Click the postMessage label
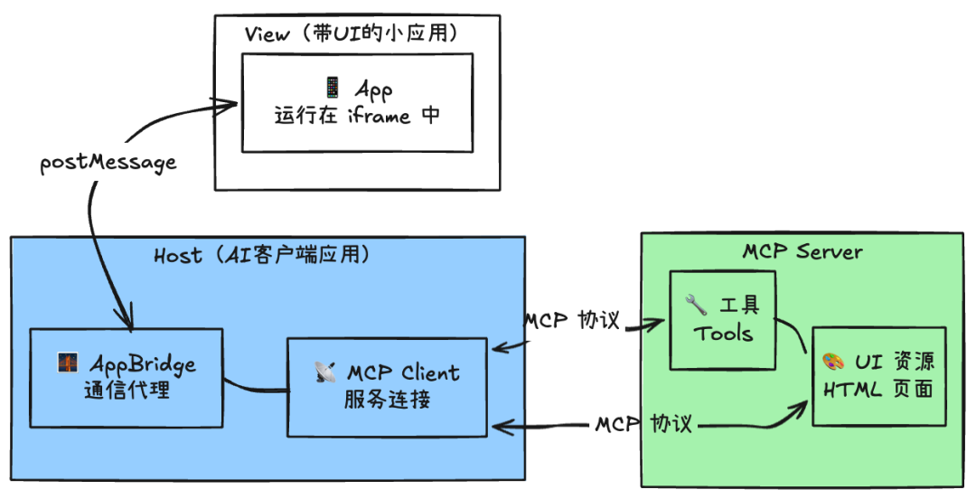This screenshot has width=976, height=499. (x=108, y=164)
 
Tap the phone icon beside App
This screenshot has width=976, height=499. (x=333, y=88)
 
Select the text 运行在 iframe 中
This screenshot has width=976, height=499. (x=357, y=117)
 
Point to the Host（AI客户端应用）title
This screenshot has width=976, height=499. (x=262, y=256)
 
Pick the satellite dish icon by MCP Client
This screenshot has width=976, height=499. (x=324, y=372)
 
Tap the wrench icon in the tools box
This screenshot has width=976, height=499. (x=697, y=304)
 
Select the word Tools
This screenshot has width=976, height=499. (x=723, y=334)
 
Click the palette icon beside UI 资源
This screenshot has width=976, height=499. (x=833, y=362)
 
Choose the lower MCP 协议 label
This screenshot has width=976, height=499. (x=643, y=423)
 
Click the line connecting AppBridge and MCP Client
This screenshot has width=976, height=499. (x=255, y=387)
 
